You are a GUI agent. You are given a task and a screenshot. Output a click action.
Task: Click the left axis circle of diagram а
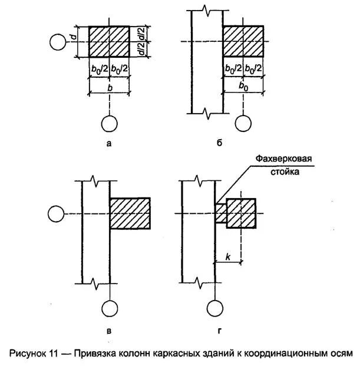(58, 42)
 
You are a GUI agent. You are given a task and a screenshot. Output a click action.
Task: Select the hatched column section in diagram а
(109, 42)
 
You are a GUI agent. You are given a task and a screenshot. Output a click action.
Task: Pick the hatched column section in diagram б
(243, 41)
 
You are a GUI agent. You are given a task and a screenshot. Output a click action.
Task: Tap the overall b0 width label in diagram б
(243, 87)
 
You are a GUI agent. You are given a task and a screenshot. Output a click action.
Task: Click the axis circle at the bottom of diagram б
(243, 123)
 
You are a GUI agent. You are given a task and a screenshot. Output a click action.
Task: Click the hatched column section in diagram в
(130, 213)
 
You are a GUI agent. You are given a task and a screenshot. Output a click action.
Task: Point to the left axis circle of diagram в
(55, 213)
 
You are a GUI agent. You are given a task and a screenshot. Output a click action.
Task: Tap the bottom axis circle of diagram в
(110, 308)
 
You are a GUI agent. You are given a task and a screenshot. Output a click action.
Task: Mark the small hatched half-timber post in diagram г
(220, 213)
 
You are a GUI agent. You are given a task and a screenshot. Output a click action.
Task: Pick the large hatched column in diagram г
(241, 213)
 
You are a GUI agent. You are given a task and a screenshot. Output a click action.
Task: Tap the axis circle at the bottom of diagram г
(214, 308)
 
